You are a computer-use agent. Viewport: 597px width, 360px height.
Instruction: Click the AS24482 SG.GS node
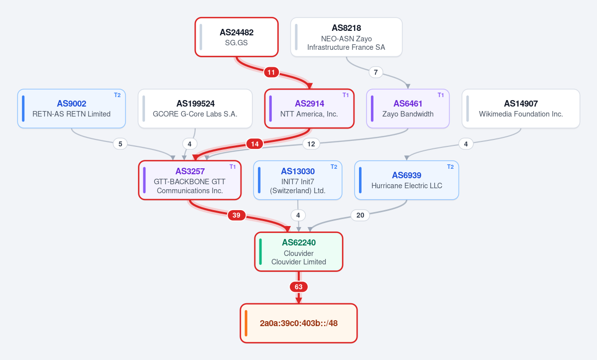tap(237, 37)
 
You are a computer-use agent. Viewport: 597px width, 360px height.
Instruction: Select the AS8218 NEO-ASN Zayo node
tap(346, 37)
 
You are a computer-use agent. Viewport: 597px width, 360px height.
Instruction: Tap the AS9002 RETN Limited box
tap(72, 109)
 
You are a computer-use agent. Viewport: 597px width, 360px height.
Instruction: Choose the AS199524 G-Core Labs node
tap(195, 109)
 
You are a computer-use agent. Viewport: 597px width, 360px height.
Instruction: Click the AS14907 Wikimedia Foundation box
tap(520, 109)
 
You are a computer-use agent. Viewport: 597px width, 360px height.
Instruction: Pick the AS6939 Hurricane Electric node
tap(407, 180)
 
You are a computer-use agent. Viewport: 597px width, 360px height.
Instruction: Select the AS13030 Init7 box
tap(298, 180)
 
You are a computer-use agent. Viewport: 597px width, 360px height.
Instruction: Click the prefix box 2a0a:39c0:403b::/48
tap(299, 323)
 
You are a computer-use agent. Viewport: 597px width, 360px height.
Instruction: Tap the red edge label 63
tap(299, 287)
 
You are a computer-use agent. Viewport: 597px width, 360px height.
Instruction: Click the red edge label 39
tap(237, 216)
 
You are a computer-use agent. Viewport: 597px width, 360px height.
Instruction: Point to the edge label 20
tap(360, 216)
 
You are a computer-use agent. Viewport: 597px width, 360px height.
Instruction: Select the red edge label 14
tap(255, 144)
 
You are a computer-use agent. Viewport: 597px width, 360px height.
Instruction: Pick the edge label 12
tap(311, 144)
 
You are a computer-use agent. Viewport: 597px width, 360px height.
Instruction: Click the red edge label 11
tap(271, 72)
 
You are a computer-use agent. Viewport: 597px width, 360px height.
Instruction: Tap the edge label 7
tap(376, 72)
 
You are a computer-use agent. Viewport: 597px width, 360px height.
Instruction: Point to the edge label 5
tap(120, 144)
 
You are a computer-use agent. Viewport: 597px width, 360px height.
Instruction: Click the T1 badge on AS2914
tap(346, 95)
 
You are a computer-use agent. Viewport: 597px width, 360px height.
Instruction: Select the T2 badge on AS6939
tap(451, 167)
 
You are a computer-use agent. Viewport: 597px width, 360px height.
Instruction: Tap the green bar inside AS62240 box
tap(260, 251)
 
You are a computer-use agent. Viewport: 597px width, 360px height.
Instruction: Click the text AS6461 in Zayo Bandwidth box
tap(408, 104)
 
